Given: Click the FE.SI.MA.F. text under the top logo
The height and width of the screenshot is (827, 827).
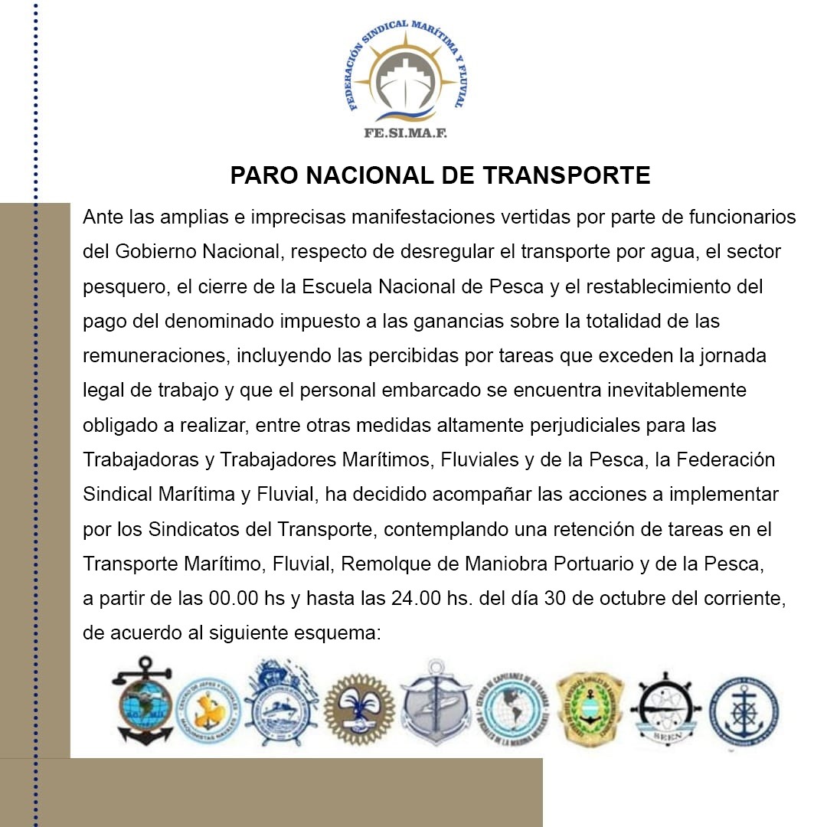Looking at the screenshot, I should (x=405, y=132).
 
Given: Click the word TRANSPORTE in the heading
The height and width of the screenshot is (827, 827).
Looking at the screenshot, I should (x=567, y=176).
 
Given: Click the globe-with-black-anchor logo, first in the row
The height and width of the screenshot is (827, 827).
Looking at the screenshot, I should (x=142, y=701).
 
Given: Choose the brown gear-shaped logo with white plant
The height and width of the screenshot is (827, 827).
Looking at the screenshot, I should (x=358, y=708).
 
